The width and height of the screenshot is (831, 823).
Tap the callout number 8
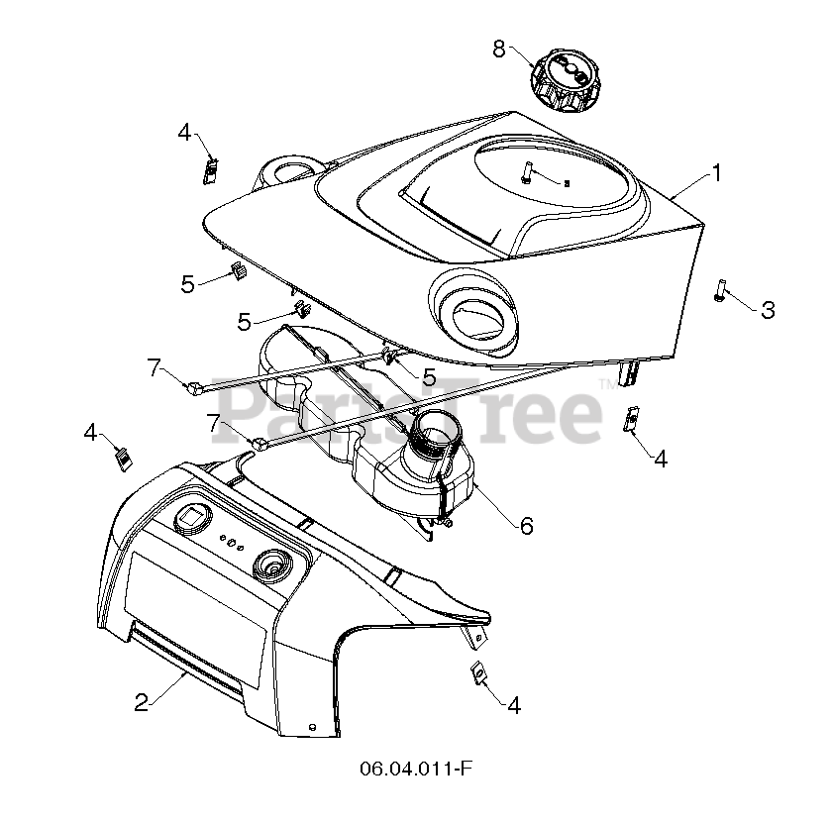[498, 48]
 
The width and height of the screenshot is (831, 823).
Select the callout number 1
[715, 174]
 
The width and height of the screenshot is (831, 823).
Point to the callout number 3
[768, 310]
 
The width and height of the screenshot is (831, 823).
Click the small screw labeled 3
[719, 291]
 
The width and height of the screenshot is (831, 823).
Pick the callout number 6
[526, 526]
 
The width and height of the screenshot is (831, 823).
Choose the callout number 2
[142, 702]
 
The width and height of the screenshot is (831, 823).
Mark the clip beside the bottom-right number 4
[477, 672]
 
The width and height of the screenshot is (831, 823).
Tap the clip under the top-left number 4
[210, 169]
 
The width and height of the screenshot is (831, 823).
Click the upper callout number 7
[154, 367]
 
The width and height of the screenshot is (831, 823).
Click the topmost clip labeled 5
[238, 271]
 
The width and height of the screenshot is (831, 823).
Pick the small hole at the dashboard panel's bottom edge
[314, 727]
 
